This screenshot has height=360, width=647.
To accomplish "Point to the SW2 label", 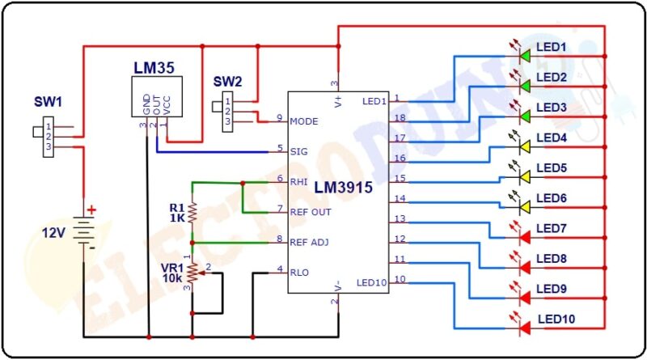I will pyautogui.click(x=227, y=82).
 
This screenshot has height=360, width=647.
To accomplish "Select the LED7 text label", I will pyautogui.click(x=552, y=228).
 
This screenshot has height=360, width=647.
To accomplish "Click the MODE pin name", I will pyautogui.click(x=303, y=121).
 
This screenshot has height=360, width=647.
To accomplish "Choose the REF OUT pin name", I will pyautogui.click(x=309, y=211).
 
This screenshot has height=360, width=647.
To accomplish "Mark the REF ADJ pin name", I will pyautogui.click(x=309, y=241).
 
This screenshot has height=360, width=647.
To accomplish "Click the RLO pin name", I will pyautogui.click(x=299, y=272).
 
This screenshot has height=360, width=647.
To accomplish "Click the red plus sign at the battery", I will pyautogui.click(x=91, y=210).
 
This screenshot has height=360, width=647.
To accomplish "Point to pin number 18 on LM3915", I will pyautogui.click(x=398, y=118).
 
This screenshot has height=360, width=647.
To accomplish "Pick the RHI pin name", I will pyautogui.click(x=298, y=181).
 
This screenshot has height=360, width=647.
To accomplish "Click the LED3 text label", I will pyautogui.click(x=552, y=108).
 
